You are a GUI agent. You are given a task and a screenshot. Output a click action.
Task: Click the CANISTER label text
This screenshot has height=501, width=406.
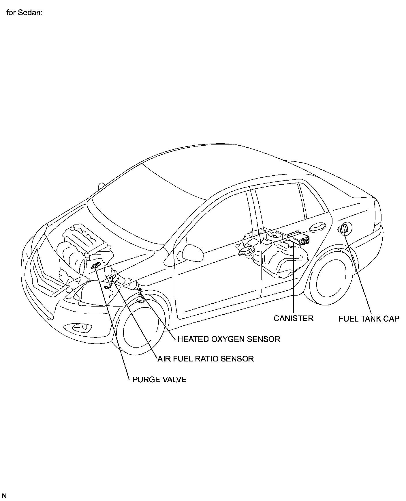(293, 318)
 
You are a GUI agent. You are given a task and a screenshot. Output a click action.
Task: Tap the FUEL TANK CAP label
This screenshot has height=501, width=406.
(369, 319)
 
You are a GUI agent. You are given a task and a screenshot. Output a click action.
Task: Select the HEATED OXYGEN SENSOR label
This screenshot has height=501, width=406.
(229, 339)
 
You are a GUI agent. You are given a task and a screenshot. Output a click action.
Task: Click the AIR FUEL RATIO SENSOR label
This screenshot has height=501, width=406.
(206, 359)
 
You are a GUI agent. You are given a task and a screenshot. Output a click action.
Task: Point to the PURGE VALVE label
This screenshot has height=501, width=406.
(159, 379)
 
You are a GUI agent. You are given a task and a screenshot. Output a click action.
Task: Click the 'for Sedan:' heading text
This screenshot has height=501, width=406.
(25, 13)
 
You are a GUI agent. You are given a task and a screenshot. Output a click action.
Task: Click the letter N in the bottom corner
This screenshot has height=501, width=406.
(4, 496)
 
